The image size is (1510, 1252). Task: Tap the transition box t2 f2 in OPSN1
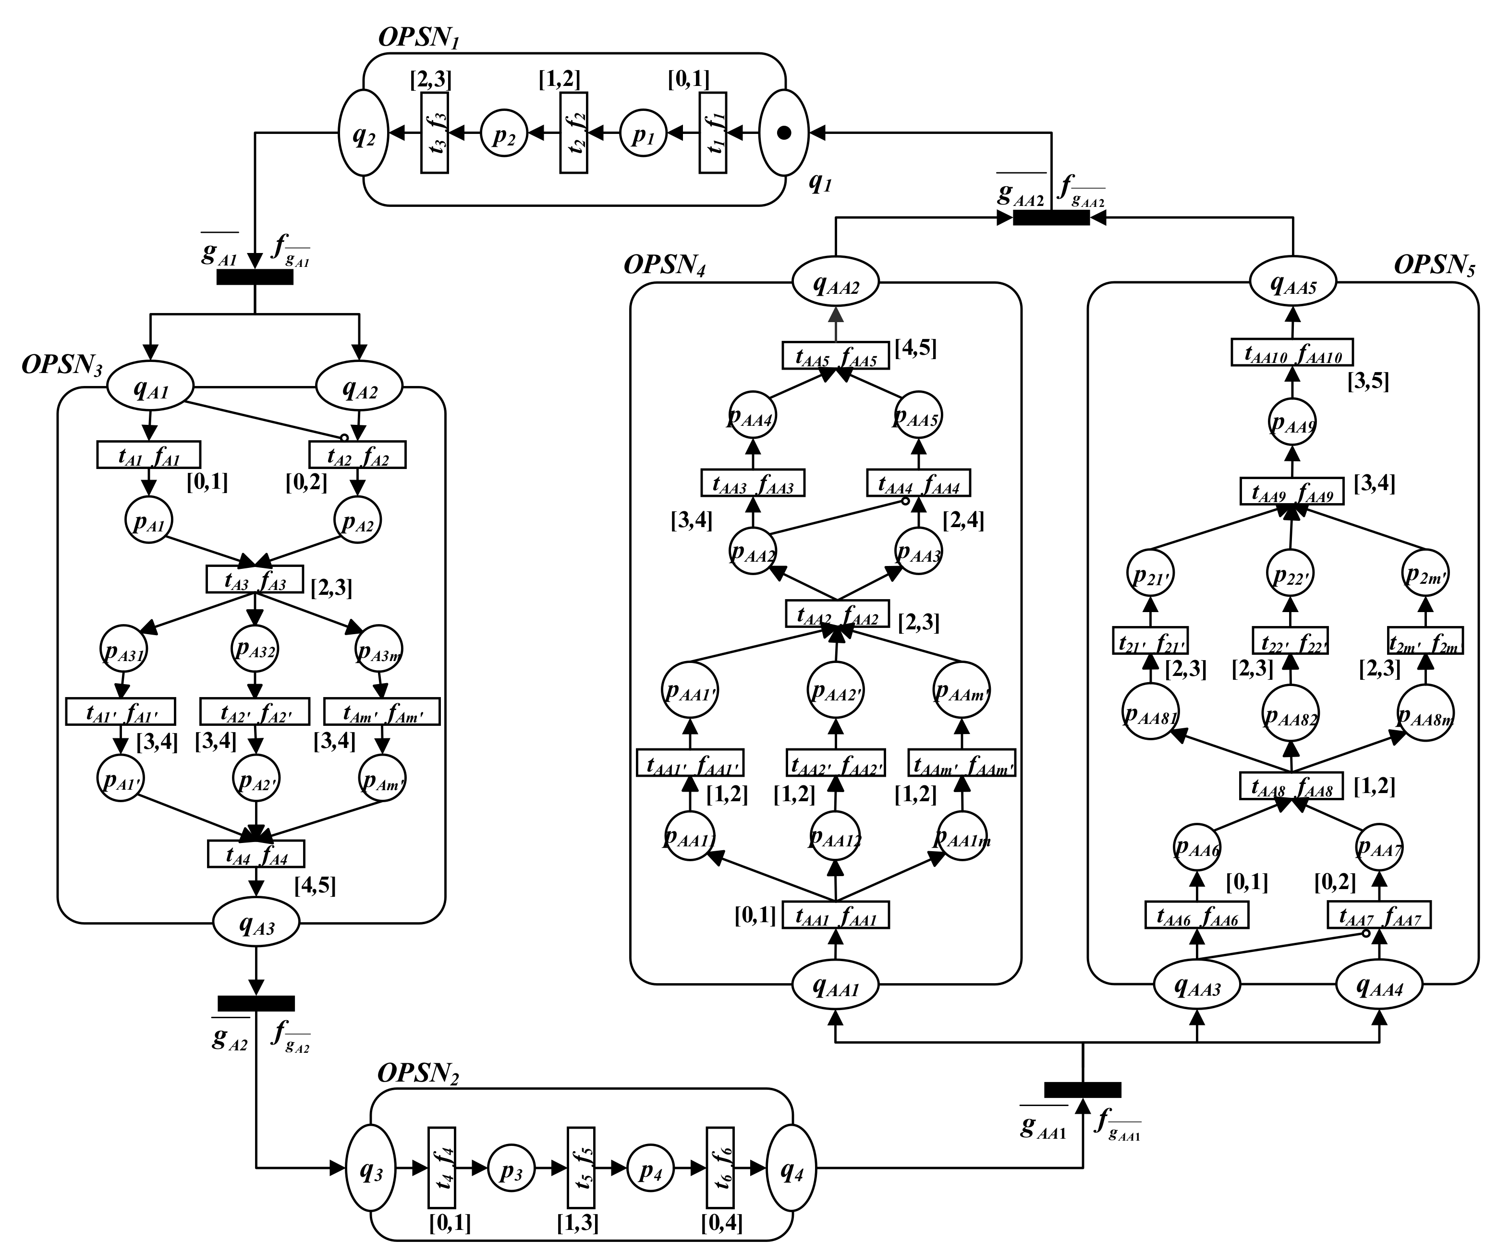573,133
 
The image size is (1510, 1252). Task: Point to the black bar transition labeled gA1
255,277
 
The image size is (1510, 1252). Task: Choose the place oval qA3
256,927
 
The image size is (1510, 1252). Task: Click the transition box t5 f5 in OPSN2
580,1168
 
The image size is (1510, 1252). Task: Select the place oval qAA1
836,987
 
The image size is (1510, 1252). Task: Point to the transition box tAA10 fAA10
1292,353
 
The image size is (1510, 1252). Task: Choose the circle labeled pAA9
1292,422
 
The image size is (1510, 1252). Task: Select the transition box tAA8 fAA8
1291,785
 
